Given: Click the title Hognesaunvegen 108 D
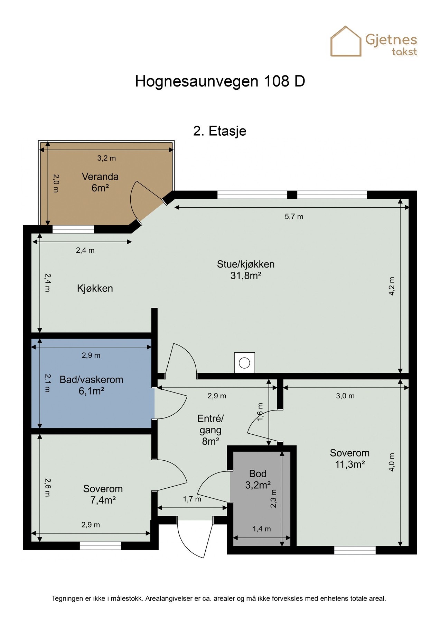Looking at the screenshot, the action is click(220, 81).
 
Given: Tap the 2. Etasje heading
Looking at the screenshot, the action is click(220, 131).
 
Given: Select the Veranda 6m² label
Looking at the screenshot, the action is click(100, 182).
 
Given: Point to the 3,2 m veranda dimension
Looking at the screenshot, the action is click(106, 158).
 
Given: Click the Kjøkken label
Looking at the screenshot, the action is click(95, 288).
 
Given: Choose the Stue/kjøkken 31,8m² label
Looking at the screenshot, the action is click(246, 270).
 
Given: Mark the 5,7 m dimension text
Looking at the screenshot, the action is click(294, 217).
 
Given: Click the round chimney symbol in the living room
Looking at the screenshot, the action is click(244, 363).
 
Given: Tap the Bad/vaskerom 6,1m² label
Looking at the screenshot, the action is click(91, 385).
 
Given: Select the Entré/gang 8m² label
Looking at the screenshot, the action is click(210, 430).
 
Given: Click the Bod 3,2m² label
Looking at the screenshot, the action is click(258, 479).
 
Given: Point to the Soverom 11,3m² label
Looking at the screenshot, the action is click(350, 458).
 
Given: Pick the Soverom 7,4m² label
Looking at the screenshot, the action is click(103, 494).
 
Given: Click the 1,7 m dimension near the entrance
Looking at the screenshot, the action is click(192, 499).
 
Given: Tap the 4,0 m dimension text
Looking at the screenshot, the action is click(392, 462).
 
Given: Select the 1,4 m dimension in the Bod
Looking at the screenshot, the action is click(262, 529).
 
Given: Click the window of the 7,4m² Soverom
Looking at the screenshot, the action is click(101, 546).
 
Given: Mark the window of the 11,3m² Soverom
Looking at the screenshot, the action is click(355, 550).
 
